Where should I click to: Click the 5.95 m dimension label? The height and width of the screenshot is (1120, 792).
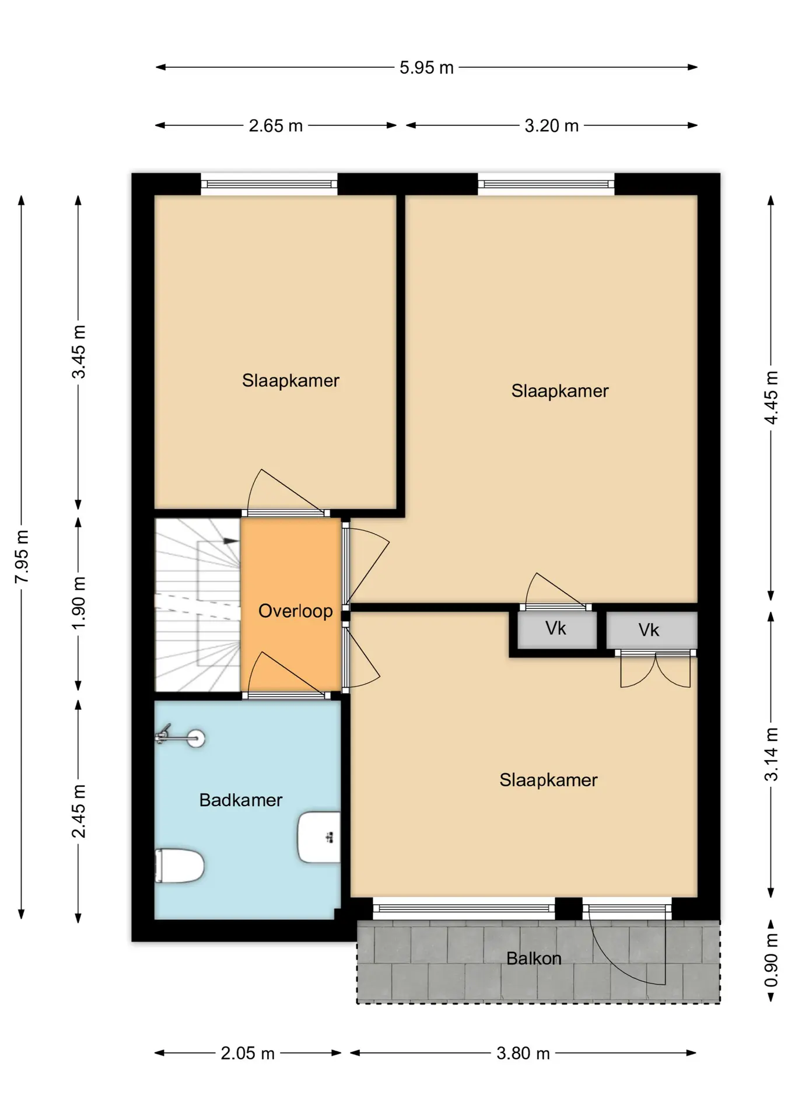426,68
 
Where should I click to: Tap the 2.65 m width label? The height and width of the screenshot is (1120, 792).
276,126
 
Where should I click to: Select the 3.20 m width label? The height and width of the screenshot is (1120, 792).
552,126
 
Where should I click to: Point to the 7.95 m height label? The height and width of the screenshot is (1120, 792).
22,557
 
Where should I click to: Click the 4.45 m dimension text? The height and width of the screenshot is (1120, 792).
771,398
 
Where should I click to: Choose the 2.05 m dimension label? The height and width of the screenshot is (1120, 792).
248,1053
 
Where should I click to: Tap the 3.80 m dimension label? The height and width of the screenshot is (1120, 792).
523,1053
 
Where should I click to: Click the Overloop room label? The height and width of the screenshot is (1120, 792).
296,611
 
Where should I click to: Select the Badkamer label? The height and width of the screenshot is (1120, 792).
241,800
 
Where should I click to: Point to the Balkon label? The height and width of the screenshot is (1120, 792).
534,958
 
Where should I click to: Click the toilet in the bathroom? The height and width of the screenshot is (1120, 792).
179,866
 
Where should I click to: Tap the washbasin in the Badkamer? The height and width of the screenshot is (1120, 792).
319,837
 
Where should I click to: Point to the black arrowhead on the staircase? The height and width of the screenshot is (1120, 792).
232,541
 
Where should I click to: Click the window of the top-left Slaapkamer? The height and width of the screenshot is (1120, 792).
269,184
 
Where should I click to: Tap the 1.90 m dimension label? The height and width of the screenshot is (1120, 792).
79,603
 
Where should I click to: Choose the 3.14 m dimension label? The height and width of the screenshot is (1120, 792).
771,754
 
